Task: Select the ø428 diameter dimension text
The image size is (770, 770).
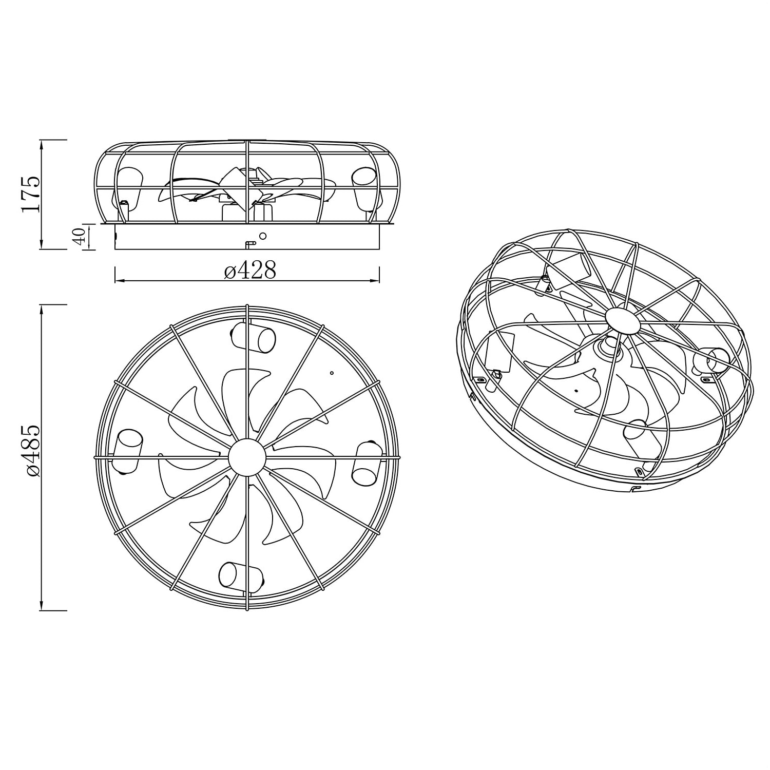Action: [x=250, y=270]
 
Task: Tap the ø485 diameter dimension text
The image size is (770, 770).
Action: [x=31, y=451]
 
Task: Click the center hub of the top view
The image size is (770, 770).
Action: [x=247, y=456]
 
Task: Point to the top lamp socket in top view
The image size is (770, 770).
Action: [x=253, y=336]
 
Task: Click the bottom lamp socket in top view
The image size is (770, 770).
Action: [x=241, y=575]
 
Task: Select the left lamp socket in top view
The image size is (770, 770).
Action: [x=127, y=451]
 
